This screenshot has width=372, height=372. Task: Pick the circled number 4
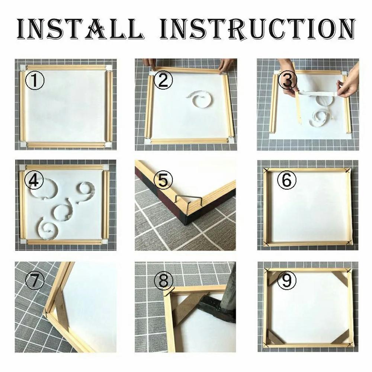(34, 181)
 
